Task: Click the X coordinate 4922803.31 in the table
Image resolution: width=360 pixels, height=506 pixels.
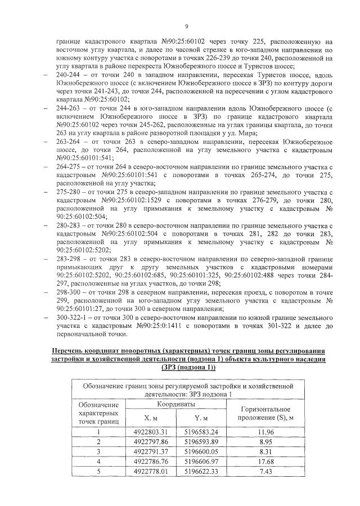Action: [x=151, y=431]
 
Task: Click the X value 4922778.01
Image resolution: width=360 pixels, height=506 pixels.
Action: [x=151, y=472]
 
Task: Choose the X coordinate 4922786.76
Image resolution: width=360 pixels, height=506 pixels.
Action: [x=151, y=462]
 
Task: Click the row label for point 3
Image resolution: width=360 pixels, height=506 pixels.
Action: [x=98, y=451]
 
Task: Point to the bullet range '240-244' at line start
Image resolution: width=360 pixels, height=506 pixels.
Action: [x=69, y=74]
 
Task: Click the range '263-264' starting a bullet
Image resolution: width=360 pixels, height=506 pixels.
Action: [x=69, y=143]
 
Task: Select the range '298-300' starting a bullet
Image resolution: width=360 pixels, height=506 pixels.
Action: [x=69, y=293]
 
